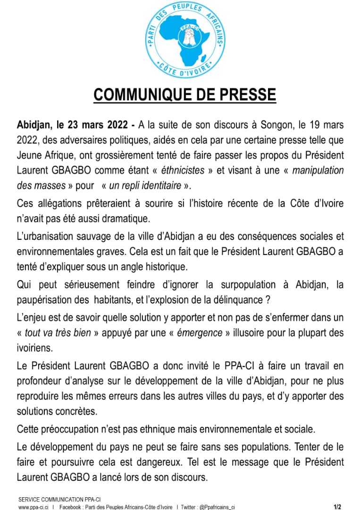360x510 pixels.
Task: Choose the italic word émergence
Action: [x=200, y=333]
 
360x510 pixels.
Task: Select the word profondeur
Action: [x=45, y=381]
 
